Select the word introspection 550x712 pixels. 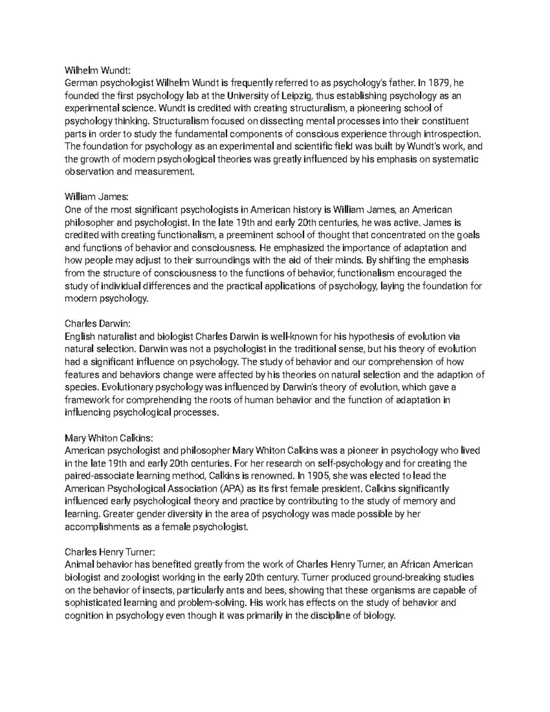click(x=451, y=134)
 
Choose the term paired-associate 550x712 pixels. click(x=101, y=475)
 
